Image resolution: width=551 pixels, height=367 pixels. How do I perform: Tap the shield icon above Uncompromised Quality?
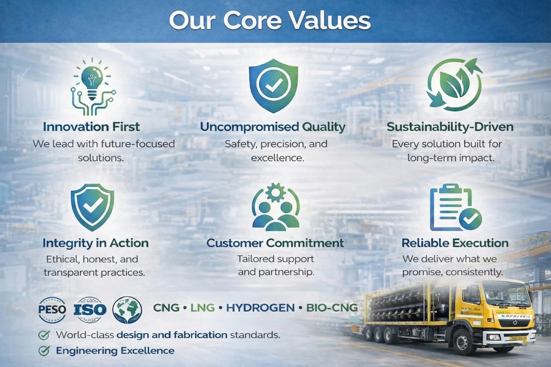273,85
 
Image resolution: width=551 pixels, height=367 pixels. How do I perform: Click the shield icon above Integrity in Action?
92,207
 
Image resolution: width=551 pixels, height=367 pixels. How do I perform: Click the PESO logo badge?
52,309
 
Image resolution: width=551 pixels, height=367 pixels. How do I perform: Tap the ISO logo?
90,310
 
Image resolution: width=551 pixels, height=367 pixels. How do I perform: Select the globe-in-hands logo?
127,310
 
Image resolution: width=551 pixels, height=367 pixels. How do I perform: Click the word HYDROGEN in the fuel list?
260,308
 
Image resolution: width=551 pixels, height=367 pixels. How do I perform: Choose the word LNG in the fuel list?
202,308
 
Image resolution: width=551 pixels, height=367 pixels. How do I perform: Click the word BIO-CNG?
332,308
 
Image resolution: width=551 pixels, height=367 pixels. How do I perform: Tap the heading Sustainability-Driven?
450,127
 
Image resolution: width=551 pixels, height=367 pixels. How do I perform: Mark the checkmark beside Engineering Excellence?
44,351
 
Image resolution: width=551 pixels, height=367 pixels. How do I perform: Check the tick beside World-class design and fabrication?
44,335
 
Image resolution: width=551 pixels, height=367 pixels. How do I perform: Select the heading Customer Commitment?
275,243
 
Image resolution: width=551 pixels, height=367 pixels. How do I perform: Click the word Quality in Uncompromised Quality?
324,127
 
